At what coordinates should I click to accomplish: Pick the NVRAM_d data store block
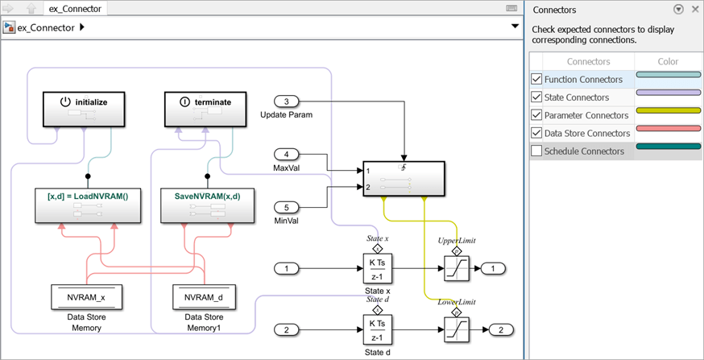pos(205,297)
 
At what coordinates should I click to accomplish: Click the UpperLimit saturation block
pos(456,268)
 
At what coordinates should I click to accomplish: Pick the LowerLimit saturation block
pos(456,329)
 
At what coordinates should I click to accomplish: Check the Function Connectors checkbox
pos(536,80)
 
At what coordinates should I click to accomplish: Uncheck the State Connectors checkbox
pos(536,97)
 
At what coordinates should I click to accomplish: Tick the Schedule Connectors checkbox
pos(536,151)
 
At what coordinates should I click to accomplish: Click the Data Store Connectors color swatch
pos(668,128)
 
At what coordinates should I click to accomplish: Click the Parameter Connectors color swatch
pos(668,110)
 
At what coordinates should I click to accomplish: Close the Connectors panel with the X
pos(694,10)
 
